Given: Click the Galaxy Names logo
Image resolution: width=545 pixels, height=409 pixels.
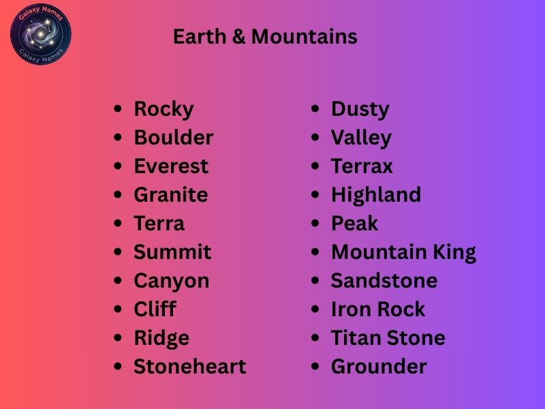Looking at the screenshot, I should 41,34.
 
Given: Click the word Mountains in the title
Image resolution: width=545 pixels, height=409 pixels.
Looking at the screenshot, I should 304,37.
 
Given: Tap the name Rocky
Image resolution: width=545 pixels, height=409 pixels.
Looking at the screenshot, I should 163,109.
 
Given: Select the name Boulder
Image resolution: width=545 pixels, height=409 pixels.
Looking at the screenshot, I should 173,138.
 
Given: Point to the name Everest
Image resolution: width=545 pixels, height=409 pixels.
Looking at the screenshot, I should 171,166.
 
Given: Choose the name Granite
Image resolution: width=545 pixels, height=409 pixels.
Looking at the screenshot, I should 170,195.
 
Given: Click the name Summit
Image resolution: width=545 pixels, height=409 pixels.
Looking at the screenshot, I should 172,252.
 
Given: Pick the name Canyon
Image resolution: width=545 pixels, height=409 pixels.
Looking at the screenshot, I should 171,281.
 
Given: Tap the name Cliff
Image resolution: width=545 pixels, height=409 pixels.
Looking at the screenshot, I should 155,309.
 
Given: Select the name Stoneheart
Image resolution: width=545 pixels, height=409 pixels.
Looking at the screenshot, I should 189,367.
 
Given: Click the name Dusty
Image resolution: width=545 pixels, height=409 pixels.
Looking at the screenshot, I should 360,109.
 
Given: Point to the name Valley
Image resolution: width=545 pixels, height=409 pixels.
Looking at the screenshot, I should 361,138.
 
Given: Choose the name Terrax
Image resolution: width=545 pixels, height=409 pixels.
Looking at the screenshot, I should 362,166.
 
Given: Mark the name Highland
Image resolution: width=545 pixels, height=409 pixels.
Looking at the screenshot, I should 376,195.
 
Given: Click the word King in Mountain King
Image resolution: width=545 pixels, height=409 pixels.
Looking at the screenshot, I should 454,252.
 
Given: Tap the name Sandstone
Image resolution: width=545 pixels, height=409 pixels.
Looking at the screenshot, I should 384,281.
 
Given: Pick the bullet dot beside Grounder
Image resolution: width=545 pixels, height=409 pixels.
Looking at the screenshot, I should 315,367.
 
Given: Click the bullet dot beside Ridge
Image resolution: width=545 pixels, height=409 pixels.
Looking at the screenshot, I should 119,338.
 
